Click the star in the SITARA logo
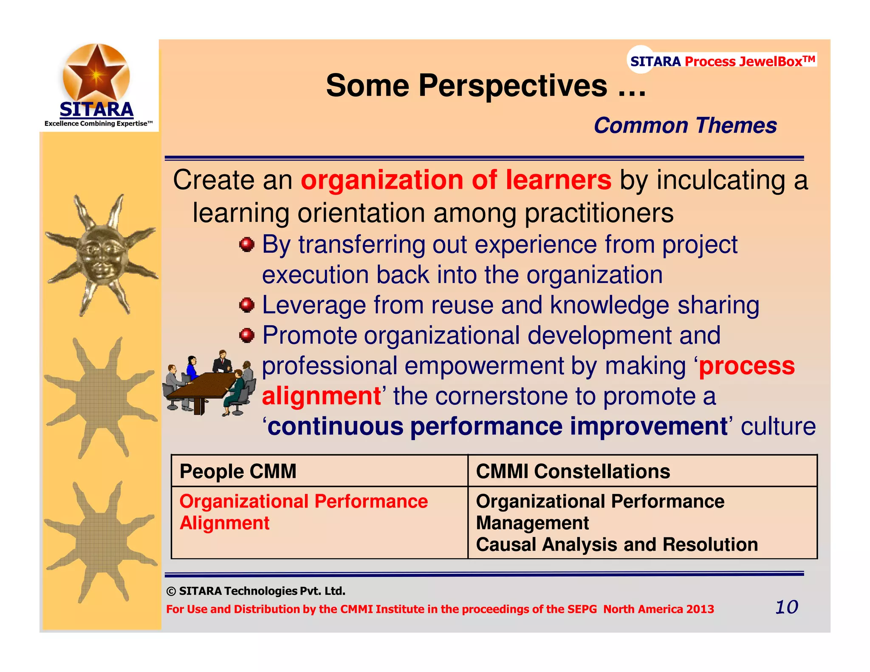96,73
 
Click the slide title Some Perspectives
486,86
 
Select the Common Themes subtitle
685,126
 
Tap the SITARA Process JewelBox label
722,61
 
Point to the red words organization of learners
456,180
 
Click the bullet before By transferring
246,245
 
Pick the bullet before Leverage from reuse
246,305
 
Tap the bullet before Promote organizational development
246,336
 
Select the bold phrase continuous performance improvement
497,426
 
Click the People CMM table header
238,472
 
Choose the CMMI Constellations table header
573,472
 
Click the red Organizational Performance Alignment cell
303,512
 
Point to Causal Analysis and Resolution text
616,545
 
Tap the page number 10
786,607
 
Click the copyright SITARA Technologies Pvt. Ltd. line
256,591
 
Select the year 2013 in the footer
700,609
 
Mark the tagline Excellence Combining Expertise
98,124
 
